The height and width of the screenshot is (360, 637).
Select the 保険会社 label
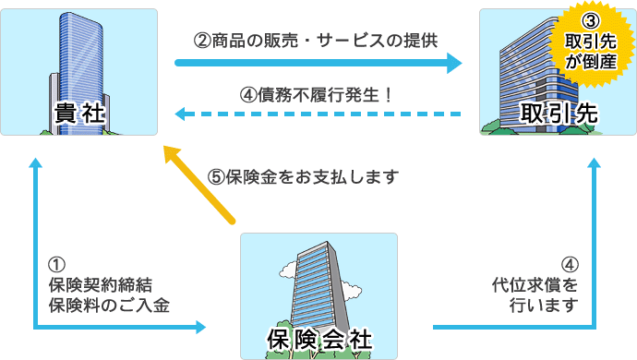point(319,339)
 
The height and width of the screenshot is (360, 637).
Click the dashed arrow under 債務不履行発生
point(318,114)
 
